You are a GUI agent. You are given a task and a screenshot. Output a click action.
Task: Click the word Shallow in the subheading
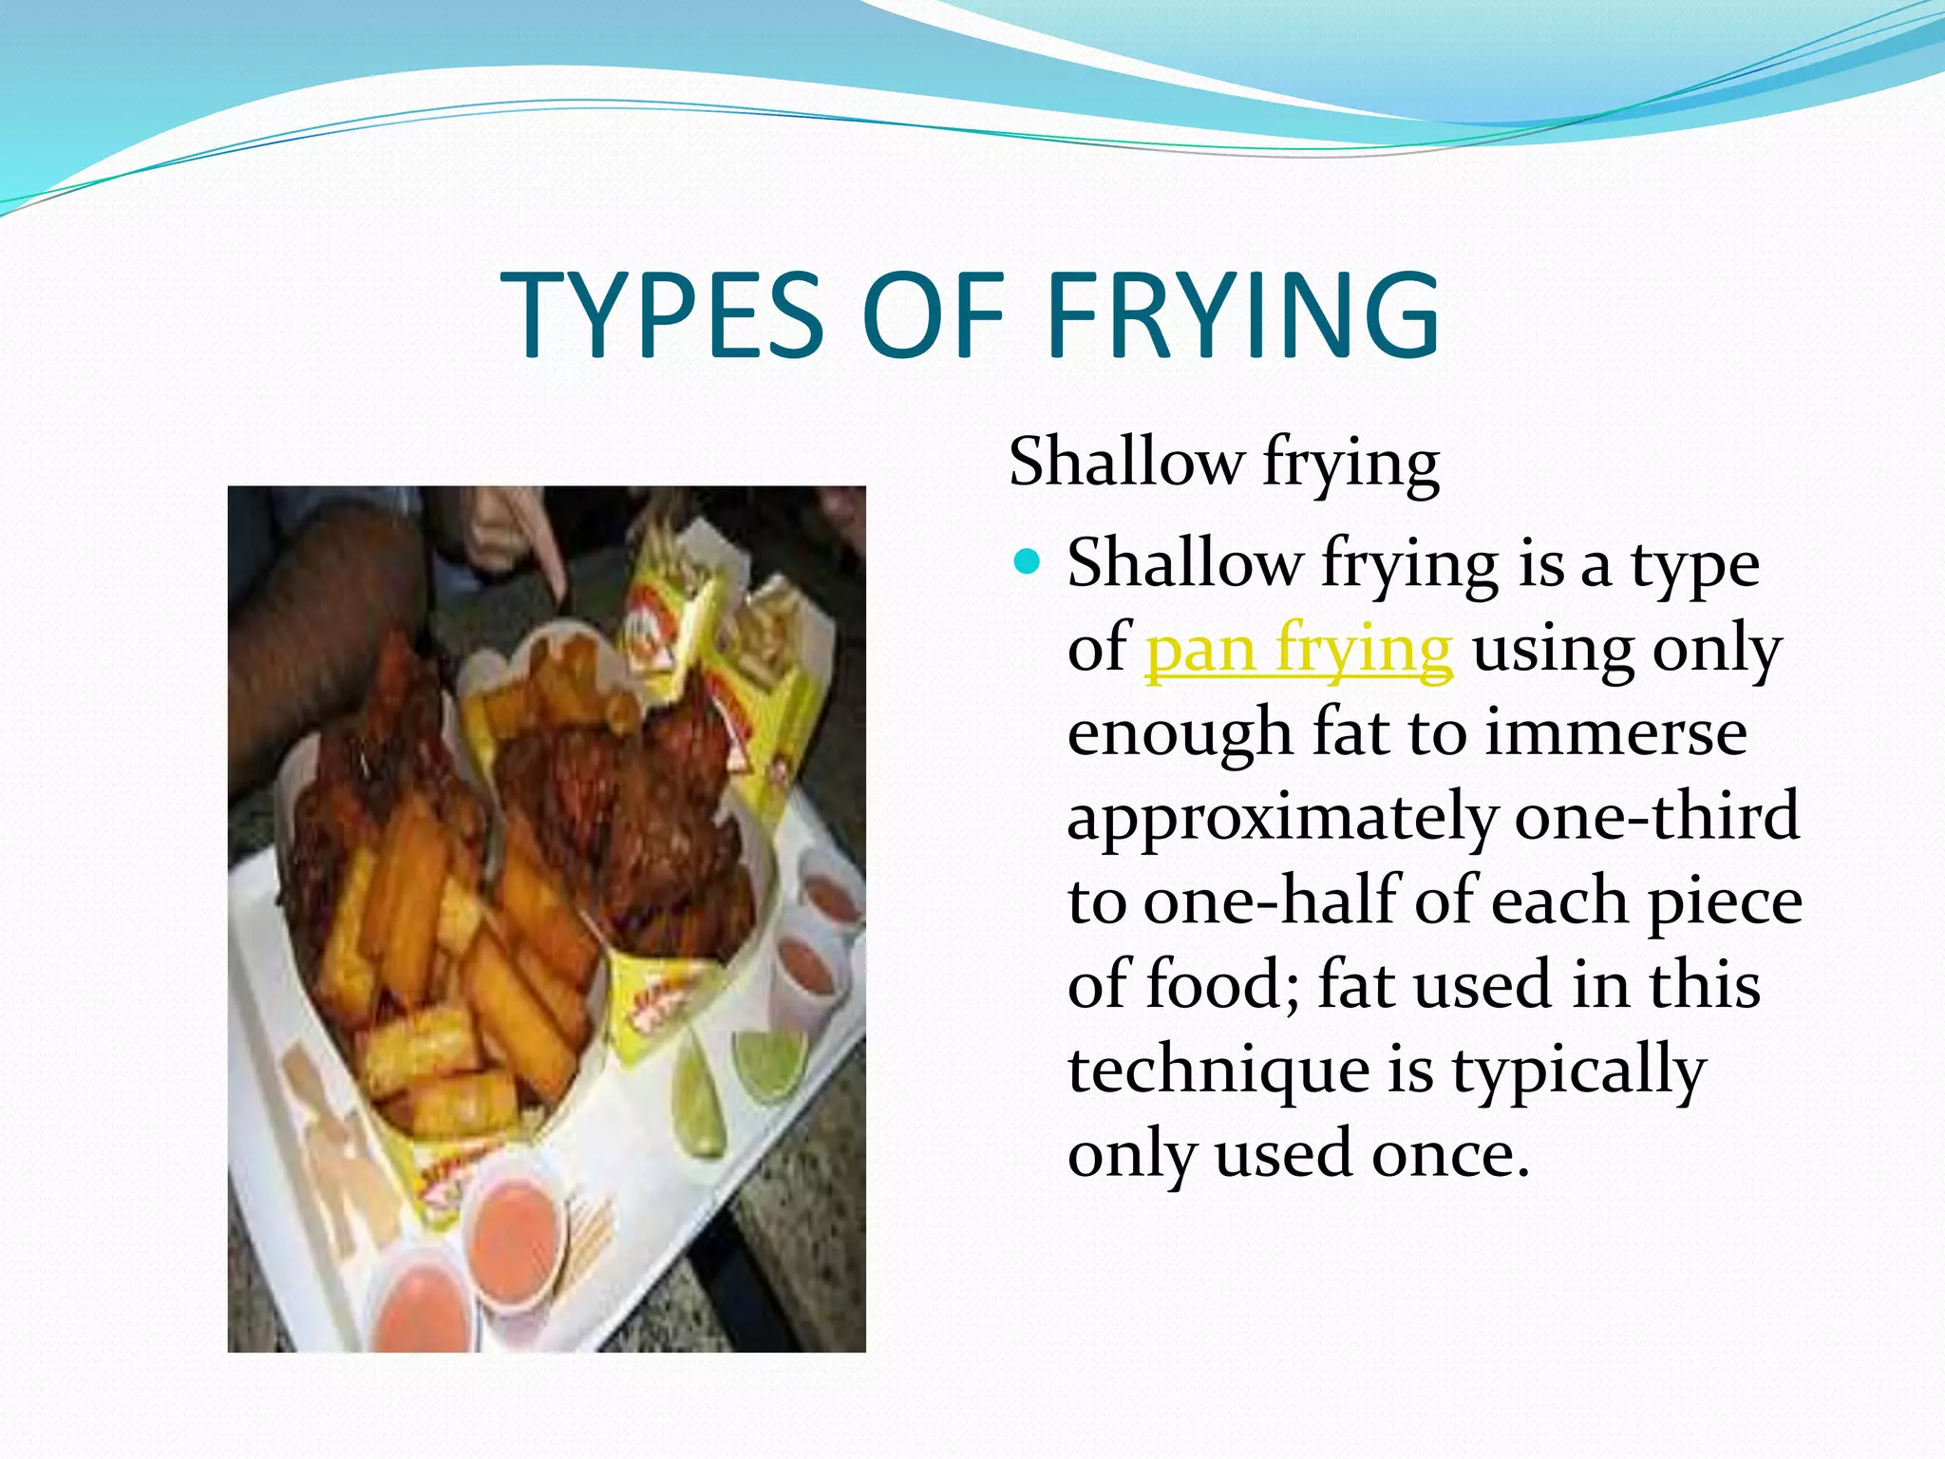pyautogui.click(x=1125, y=463)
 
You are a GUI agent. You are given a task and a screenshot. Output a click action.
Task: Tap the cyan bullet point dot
pyautogui.click(x=1028, y=562)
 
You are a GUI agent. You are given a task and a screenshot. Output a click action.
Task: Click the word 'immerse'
pyautogui.click(x=1615, y=733)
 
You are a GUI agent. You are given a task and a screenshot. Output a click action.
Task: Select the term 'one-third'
pyautogui.click(x=1656, y=816)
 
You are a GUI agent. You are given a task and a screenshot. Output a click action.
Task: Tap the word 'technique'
pyautogui.click(x=1218, y=1071)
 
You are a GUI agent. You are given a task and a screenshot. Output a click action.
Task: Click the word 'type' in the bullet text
pyautogui.click(x=1694, y=566)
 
